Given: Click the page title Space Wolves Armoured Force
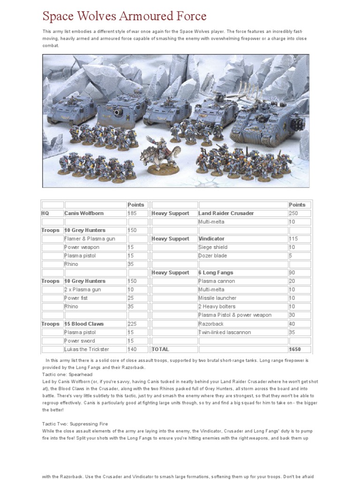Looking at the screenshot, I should (x=124, y=16).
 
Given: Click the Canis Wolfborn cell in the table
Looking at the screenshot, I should (x=84, y=213).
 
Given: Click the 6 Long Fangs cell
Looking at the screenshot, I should (x=216, y=273).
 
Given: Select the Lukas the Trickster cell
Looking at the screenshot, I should (x=87, y=349).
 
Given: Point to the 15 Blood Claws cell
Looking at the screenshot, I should (x=84, y=324).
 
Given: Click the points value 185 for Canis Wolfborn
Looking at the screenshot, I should (x=134, y=213).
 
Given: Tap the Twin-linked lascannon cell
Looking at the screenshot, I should (x=225, y=332).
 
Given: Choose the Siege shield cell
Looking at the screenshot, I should (x=213, y=247).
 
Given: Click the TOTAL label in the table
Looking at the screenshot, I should (x=160, y=349).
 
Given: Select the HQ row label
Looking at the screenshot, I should (x=45, y=213).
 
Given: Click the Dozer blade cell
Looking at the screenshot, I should (x=213, y=256).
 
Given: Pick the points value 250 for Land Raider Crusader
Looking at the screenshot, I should (x=295, y=213).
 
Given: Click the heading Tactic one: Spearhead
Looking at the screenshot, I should (x=67, y=375).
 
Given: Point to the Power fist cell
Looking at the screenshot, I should (x=76, y=298).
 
